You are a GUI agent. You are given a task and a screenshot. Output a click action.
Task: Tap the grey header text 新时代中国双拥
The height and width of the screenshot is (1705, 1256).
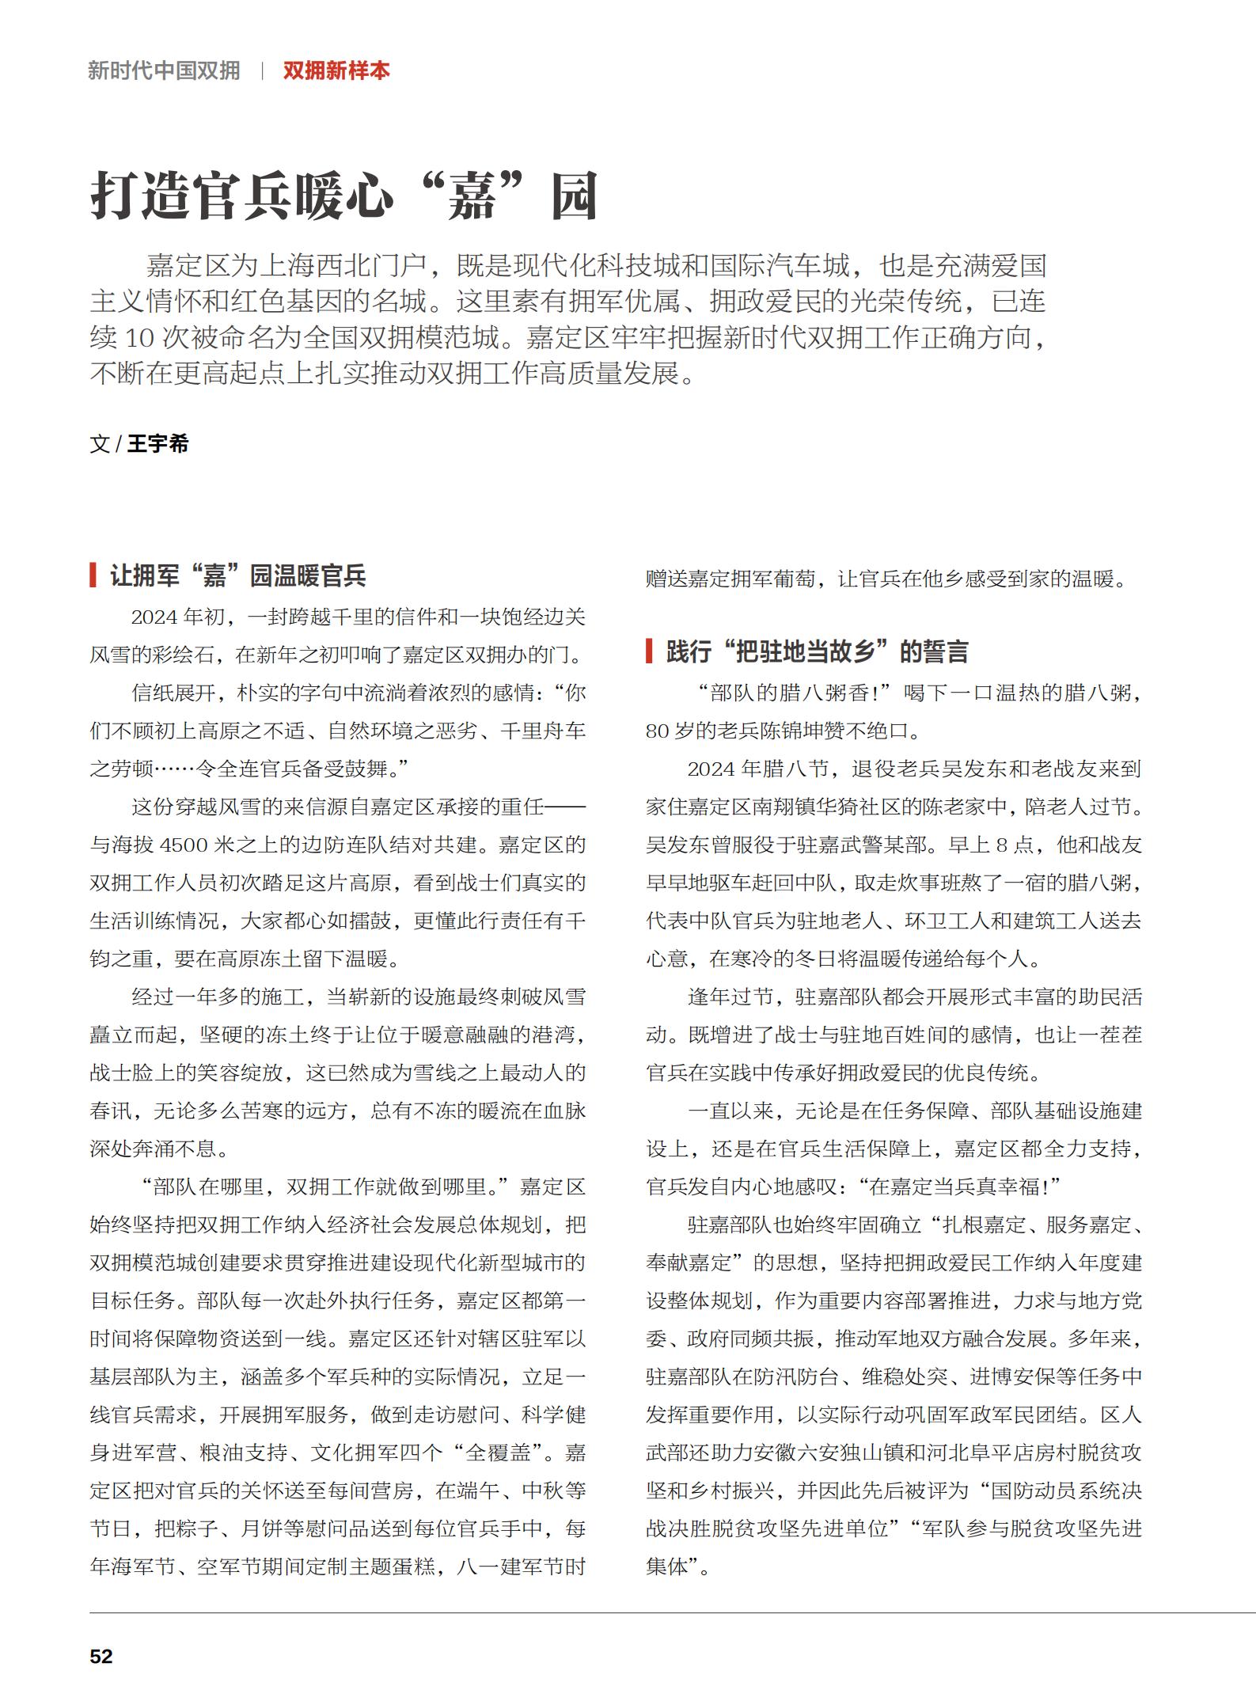164,70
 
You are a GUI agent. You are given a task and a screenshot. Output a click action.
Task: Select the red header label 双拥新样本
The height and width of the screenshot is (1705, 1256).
336,70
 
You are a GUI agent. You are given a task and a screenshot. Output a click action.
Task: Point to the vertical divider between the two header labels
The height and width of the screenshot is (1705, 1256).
262,70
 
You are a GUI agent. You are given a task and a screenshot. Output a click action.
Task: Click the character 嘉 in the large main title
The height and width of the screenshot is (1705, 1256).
472,196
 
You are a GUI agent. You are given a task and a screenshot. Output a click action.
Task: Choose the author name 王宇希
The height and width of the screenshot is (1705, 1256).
158,444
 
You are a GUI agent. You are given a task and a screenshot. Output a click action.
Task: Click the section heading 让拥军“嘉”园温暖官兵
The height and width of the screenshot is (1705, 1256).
237,575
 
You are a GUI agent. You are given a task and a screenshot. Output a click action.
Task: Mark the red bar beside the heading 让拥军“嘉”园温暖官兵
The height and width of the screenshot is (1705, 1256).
93,575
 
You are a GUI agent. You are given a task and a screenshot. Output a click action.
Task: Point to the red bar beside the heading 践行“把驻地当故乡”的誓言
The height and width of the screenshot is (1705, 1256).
649,651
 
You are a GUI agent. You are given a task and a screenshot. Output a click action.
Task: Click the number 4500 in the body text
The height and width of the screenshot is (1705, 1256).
184,845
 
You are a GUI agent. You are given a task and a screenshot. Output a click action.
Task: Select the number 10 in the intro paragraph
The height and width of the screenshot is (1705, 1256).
139,338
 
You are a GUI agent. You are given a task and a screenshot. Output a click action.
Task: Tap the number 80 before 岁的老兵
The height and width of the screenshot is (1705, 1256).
658,731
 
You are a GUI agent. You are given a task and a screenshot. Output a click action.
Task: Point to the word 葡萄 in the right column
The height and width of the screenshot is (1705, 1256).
795,579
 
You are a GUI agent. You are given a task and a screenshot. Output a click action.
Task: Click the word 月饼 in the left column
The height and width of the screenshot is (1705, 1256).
262,1529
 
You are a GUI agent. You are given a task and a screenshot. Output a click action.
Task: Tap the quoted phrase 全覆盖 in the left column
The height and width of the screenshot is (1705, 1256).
497,1453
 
